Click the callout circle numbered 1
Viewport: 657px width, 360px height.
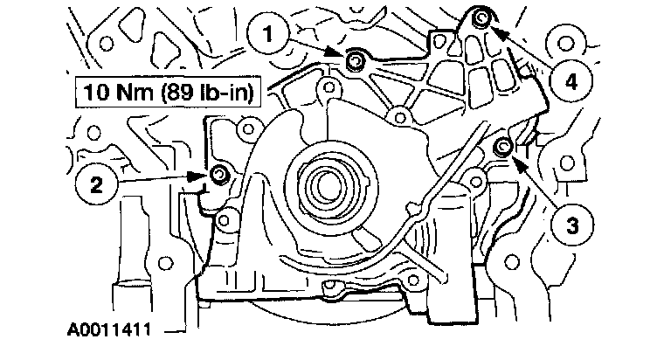click(x=271, y=35)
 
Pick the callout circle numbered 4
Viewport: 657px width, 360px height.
click(x=570, y=83)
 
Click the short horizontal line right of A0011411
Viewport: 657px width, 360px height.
click(x=171, y=332)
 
